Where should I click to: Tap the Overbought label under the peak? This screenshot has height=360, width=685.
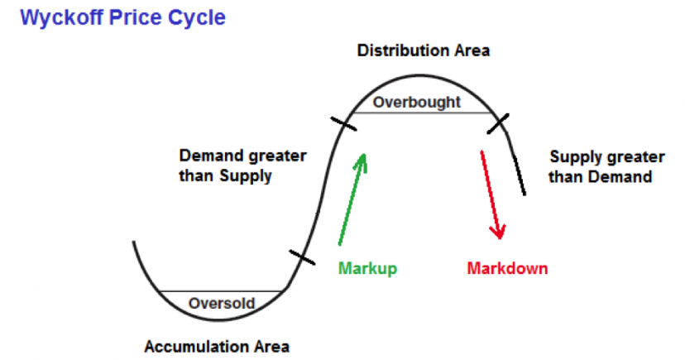pyautogui.click(x=416, y=103)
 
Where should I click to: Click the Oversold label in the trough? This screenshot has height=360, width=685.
pyautogui.click(x=222, y=303)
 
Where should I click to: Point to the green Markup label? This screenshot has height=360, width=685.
pyautogui.click(x=368, y=268)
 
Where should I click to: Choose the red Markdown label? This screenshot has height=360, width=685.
pyautogui.click(x=507, y=268)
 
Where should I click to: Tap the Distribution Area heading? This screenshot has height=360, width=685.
pyautogui.click(x=424, y=50)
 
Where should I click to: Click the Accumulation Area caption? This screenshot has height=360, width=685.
pyautogui.click(x=218, y=345)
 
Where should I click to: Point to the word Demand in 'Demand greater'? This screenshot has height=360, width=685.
pyautogui.click(x=209, y=156)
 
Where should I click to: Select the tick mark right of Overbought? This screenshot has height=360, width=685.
pyautogui.click(x=497, y=123)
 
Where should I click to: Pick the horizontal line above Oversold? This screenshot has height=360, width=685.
pyautogui.click(x=222, y=291)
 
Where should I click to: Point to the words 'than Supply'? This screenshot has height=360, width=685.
pyautogui.click(x=225, y=176)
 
